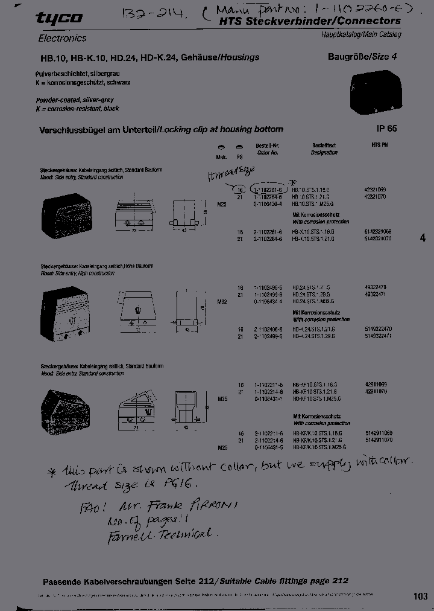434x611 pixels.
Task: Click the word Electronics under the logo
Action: [x=62, y=38]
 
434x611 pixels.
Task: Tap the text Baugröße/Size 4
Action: [x=362, y=57]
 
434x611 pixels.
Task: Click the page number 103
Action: [x=420, y=597]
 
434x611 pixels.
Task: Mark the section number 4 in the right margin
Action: [x=422, y=238]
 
